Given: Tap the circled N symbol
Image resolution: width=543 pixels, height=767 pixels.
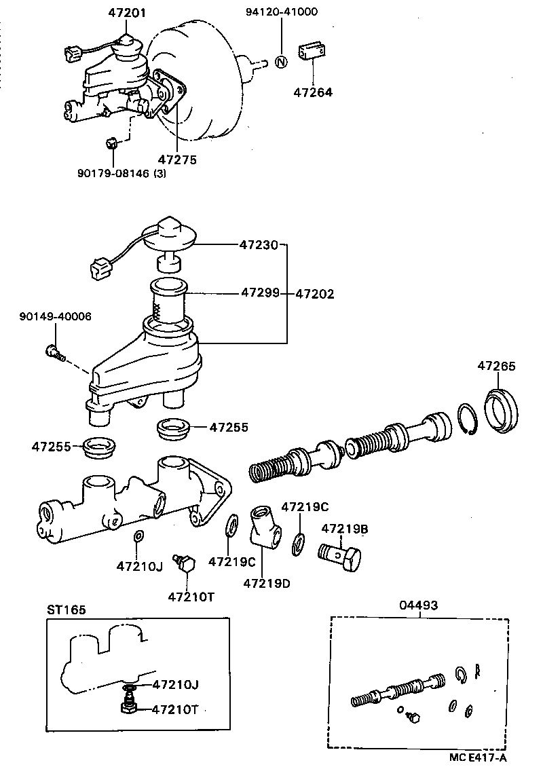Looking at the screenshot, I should click(282, 62).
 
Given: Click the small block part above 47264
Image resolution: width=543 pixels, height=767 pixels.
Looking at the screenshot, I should click(312, 52).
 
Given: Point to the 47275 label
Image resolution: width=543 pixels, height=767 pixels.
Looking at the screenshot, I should click(177, 160).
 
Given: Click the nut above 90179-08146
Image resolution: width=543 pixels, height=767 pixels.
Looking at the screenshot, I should click(114, 143).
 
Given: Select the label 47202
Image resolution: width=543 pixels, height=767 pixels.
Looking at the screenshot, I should click(316, 294).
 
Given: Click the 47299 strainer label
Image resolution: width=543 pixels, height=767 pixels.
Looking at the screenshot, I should click(259, 294).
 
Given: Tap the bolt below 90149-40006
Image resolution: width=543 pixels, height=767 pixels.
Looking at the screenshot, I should click(54, 352).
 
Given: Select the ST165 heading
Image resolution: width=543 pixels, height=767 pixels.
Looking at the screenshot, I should click(67, 610).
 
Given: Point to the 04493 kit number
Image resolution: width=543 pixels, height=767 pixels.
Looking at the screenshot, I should click(419, 605).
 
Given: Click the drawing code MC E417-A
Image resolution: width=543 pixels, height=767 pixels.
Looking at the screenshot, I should click(476, 756).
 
